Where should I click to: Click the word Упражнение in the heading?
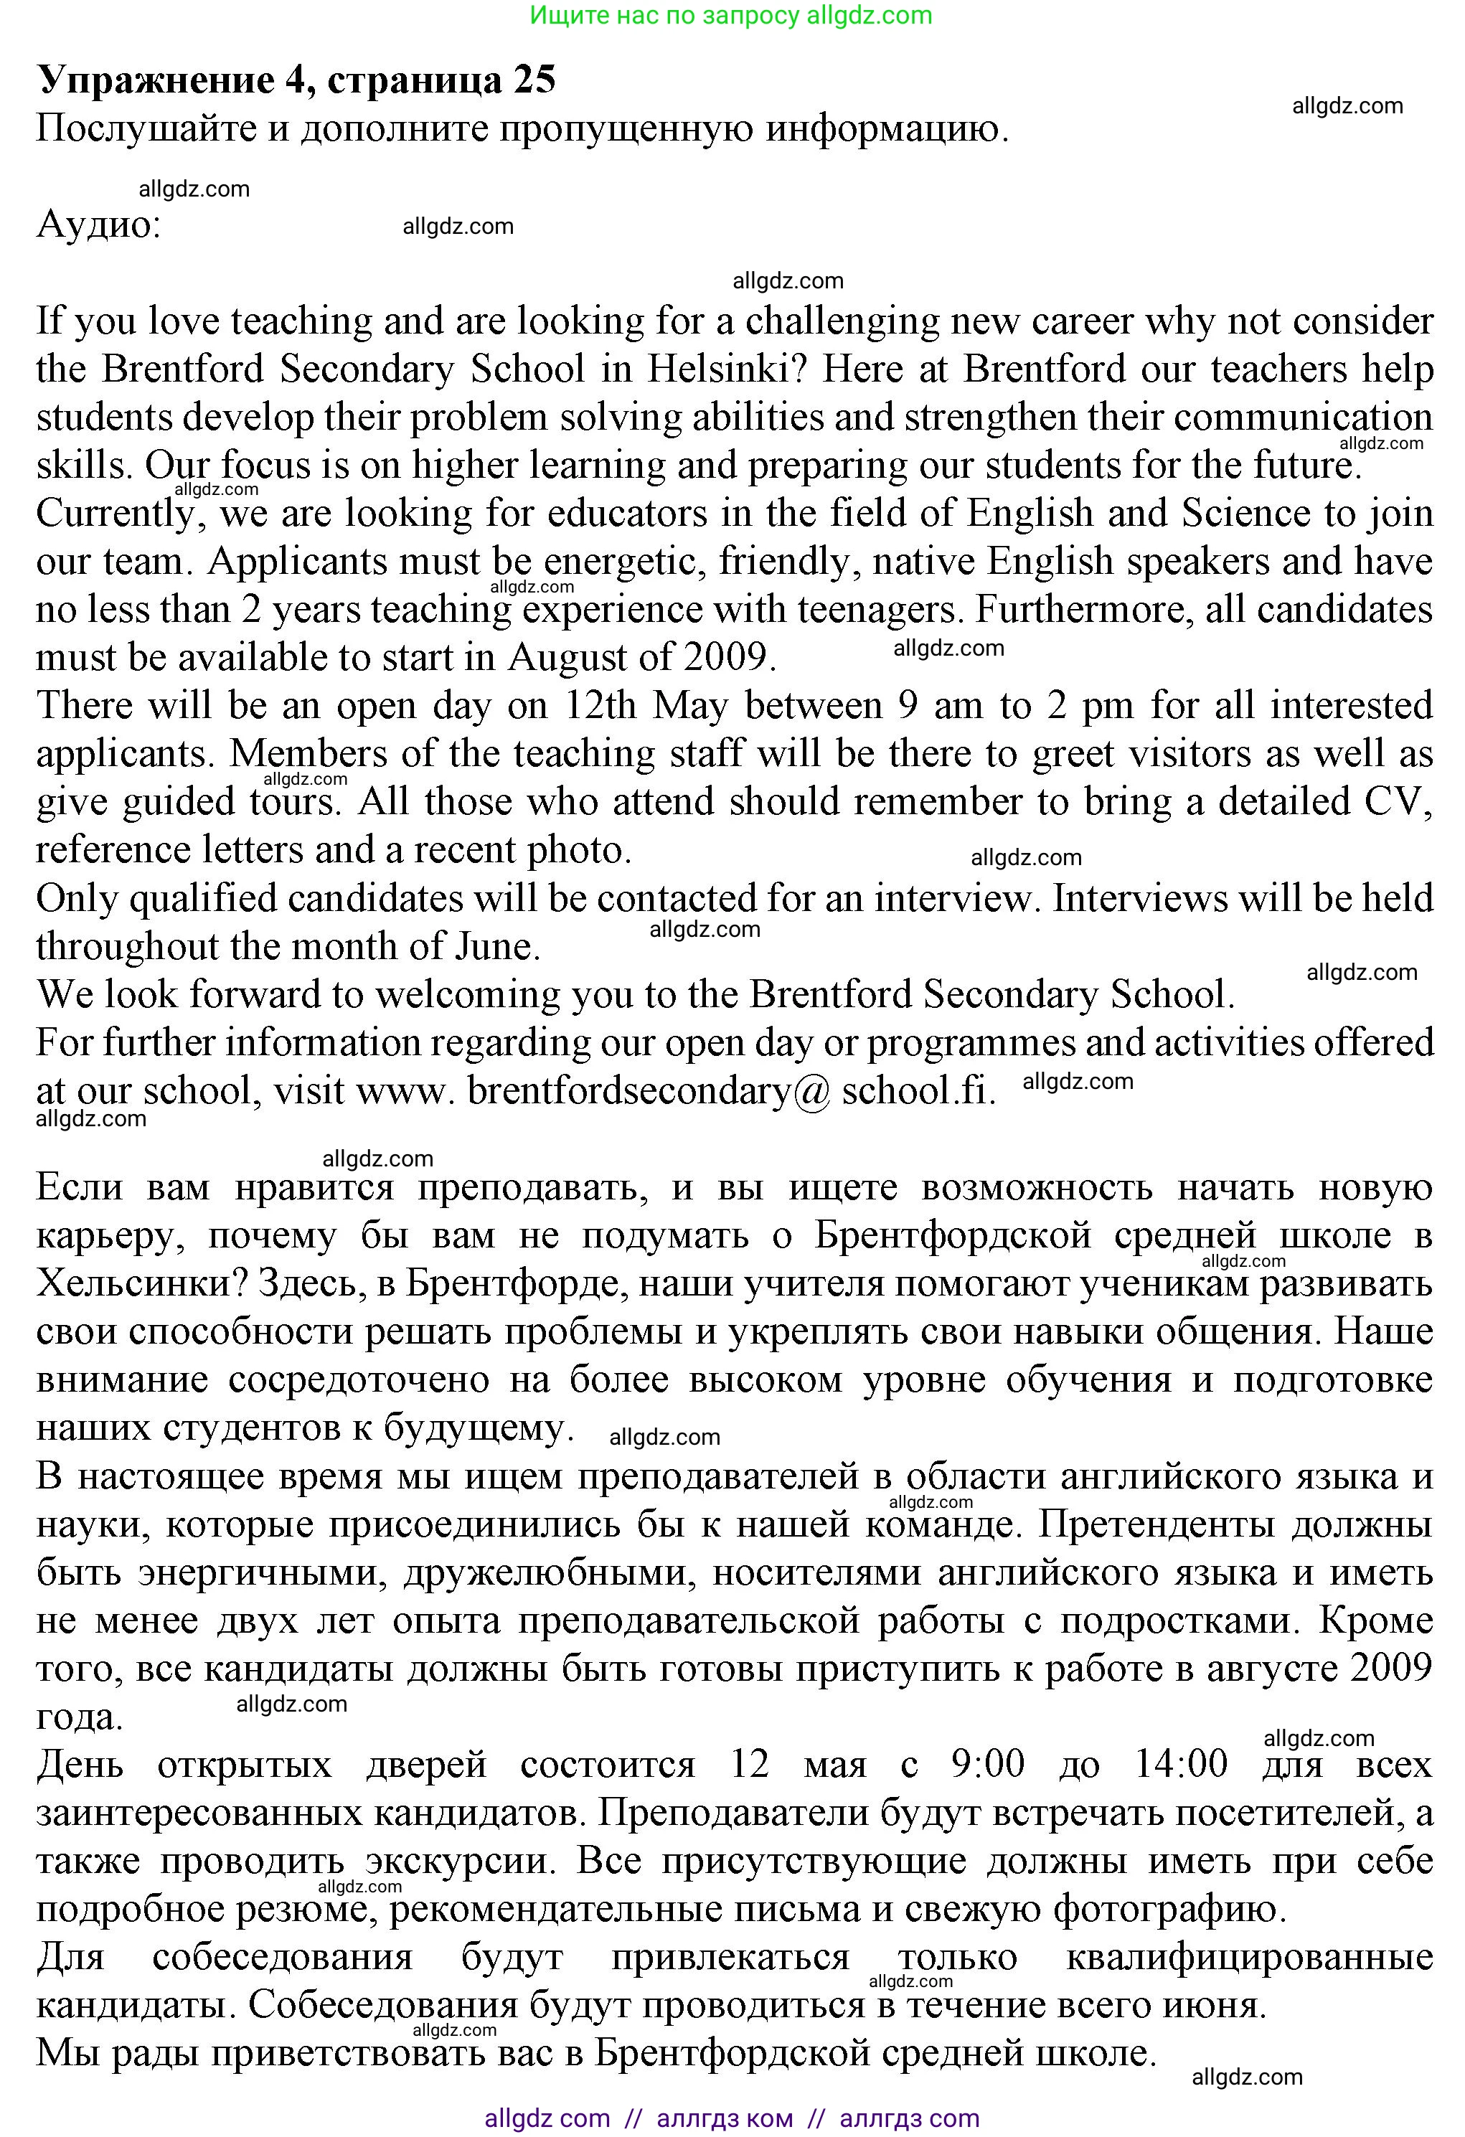click(154, 82)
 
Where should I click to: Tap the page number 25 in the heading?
click(534, 80)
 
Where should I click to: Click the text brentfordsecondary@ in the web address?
click(649, 1090)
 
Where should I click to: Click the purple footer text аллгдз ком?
click(725, 2118)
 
